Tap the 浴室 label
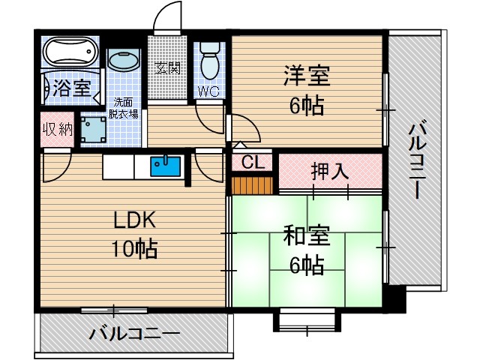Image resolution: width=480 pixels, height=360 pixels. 71,88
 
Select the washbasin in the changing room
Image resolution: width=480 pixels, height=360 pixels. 124,61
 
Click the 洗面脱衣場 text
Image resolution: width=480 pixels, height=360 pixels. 125,108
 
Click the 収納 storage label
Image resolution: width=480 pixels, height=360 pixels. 57,128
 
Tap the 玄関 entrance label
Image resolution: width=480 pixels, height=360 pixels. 166,68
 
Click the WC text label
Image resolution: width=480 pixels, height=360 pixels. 208,92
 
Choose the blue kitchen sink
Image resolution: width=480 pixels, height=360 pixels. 164,165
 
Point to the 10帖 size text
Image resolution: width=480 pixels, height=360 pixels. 135,249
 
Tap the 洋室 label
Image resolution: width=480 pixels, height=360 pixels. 306,76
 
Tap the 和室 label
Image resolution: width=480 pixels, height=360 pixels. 306,236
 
